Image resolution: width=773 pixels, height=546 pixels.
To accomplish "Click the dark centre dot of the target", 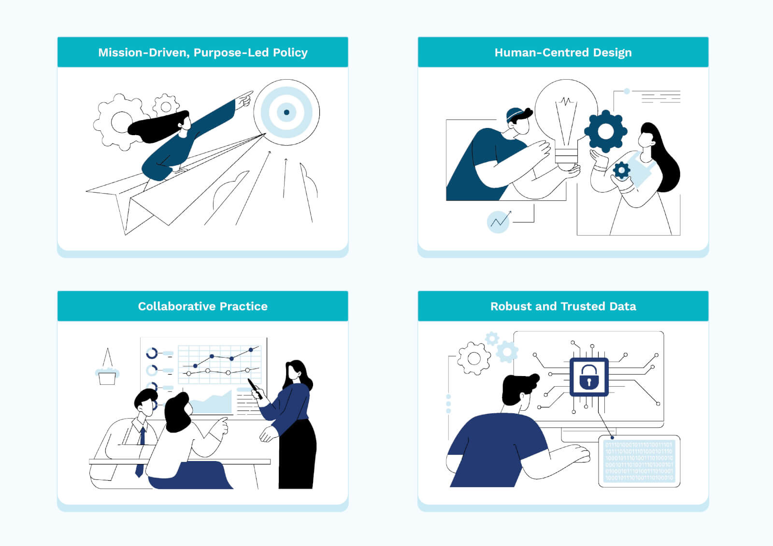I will pyautogui.click(x=286, y=112).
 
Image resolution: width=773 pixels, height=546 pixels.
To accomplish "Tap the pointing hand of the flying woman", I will pyautogui.click(x=244, y=98).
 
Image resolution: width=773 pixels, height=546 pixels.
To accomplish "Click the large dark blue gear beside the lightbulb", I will pyautogui.click(x=605, y=131).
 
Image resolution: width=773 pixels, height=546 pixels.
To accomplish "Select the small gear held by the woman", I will pyautogui.click(x=621, y=170).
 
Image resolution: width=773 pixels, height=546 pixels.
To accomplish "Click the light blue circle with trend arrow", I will pyautogui.click(x=498, y=222).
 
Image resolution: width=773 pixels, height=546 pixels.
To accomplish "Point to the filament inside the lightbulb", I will pyautogui.click(x=566, y=121).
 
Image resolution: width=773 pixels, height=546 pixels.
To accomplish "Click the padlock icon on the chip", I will pyautogui.click(x=589, y=377).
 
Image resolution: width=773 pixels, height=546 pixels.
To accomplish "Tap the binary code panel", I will pyautogui.click(x=639, y=462).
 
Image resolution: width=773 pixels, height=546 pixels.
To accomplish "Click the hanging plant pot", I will pyautogui.click(x=107, y=376).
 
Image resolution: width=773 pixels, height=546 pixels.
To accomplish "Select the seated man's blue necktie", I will pyautogui.click(x=141, y=449).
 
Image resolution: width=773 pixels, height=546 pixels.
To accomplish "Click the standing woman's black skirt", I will pyautogui.click(x=297, y=454).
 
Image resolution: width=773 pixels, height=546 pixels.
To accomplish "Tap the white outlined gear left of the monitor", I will pyautogui.click(x=474, y=358).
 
